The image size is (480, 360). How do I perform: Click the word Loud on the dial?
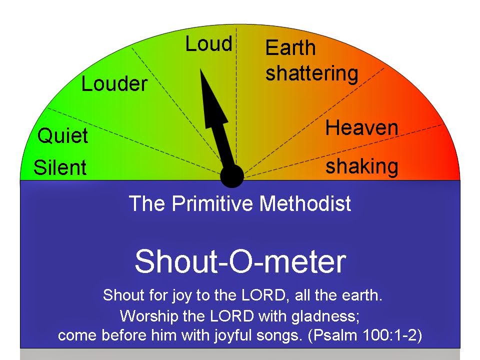point(209,44)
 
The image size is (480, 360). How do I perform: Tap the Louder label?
point(114,84)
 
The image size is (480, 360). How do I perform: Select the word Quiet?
point(63,135)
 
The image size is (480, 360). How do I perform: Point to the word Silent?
point(60,167)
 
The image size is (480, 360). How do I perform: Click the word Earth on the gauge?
point(290,48)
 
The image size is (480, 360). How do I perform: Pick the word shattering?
point(311,73)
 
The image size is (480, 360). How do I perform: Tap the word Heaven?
point(361,127)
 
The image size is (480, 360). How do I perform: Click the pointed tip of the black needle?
point(200,69)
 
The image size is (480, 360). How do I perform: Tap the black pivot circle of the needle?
point(232,176)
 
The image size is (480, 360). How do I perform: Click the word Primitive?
point(212,203)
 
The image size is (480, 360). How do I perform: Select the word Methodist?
point(305,203)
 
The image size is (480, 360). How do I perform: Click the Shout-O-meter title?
point(240,261)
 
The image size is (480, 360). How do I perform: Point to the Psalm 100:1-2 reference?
point(365,335)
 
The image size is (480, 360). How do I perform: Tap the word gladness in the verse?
point(325,316)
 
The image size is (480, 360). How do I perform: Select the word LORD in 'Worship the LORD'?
point(231,316)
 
